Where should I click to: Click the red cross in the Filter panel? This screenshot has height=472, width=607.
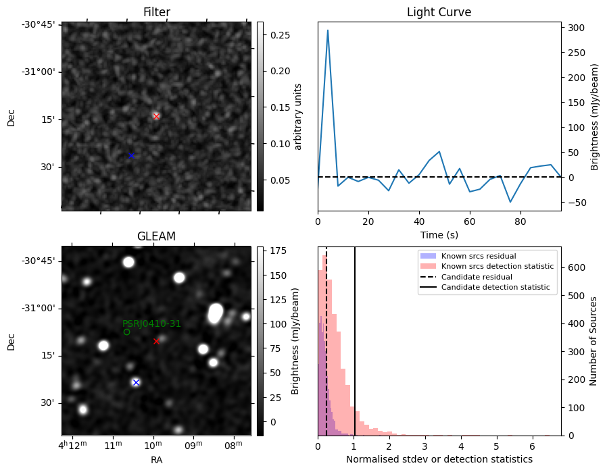(x=156, y=116)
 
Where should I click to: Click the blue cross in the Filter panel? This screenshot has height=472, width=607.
(x=131, y=155)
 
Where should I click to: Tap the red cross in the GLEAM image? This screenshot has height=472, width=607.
(x=156, y=341)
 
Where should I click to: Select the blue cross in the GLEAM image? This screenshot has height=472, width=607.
(x=136, y=382)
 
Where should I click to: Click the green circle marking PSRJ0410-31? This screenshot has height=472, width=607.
(x=126, y=332)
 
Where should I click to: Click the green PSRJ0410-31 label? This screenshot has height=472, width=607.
(x=151, y=324)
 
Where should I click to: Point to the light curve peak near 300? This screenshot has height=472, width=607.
(x=328, y=30)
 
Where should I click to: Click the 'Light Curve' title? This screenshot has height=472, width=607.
(x=439, y=12)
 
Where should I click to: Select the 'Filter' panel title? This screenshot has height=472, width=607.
(x=156, y=12)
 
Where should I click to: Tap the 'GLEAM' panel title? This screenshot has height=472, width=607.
(x=156, y=236)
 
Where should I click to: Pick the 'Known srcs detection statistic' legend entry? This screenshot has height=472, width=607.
(x=497, y=267)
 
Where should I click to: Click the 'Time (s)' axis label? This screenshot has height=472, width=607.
(x=439, y=235)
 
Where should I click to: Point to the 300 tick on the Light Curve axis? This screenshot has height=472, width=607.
(x=576, y=28)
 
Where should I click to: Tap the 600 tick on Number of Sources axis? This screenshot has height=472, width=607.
(x=576, y=267)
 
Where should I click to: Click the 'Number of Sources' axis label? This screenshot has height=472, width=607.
(x=593, y=340)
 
